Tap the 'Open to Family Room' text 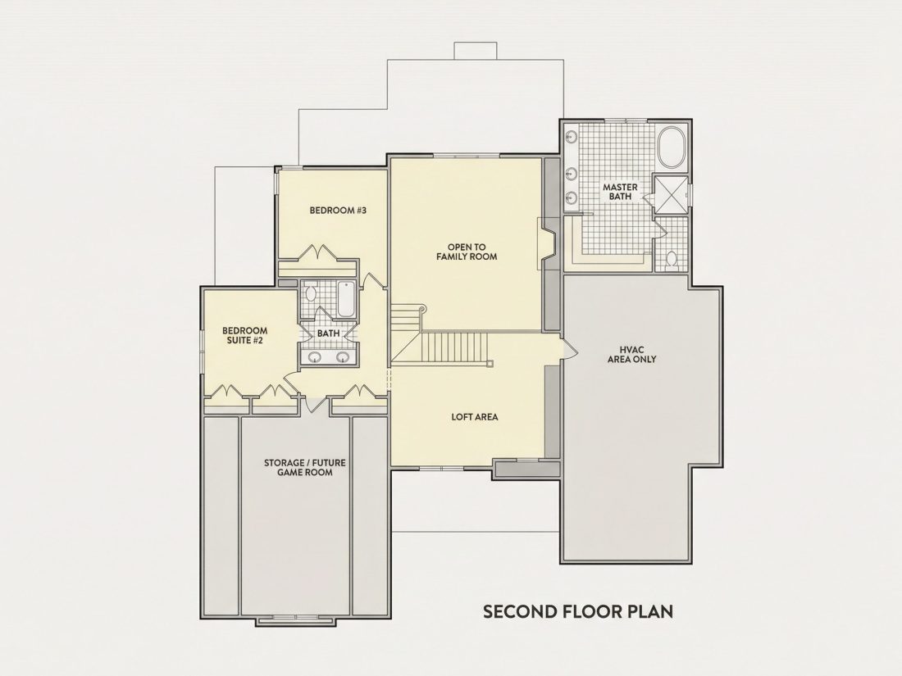[467, 252]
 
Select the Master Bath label [620, 192]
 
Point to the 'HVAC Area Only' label [631, 354]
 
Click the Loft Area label [475, 417]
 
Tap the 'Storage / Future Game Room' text [305, 467]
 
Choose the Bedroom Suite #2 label [244, 335]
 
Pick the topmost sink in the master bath [572, 137]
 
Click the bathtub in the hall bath [345, 299]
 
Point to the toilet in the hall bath [309, 293]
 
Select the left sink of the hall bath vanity [314, 357]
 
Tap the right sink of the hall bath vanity [343, 357]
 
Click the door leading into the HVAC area [567, 348]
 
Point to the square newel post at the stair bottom [490, 363]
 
